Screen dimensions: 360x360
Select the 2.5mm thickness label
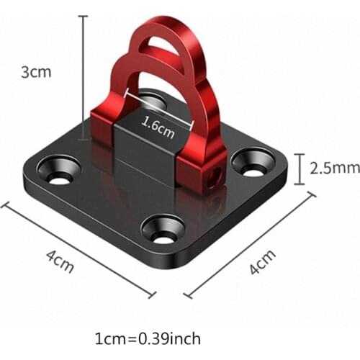point(334,168)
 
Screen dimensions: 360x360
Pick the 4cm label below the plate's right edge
point(262,264)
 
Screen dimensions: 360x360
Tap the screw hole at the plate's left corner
point(60,169)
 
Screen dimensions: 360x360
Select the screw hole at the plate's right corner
point(253,161)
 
